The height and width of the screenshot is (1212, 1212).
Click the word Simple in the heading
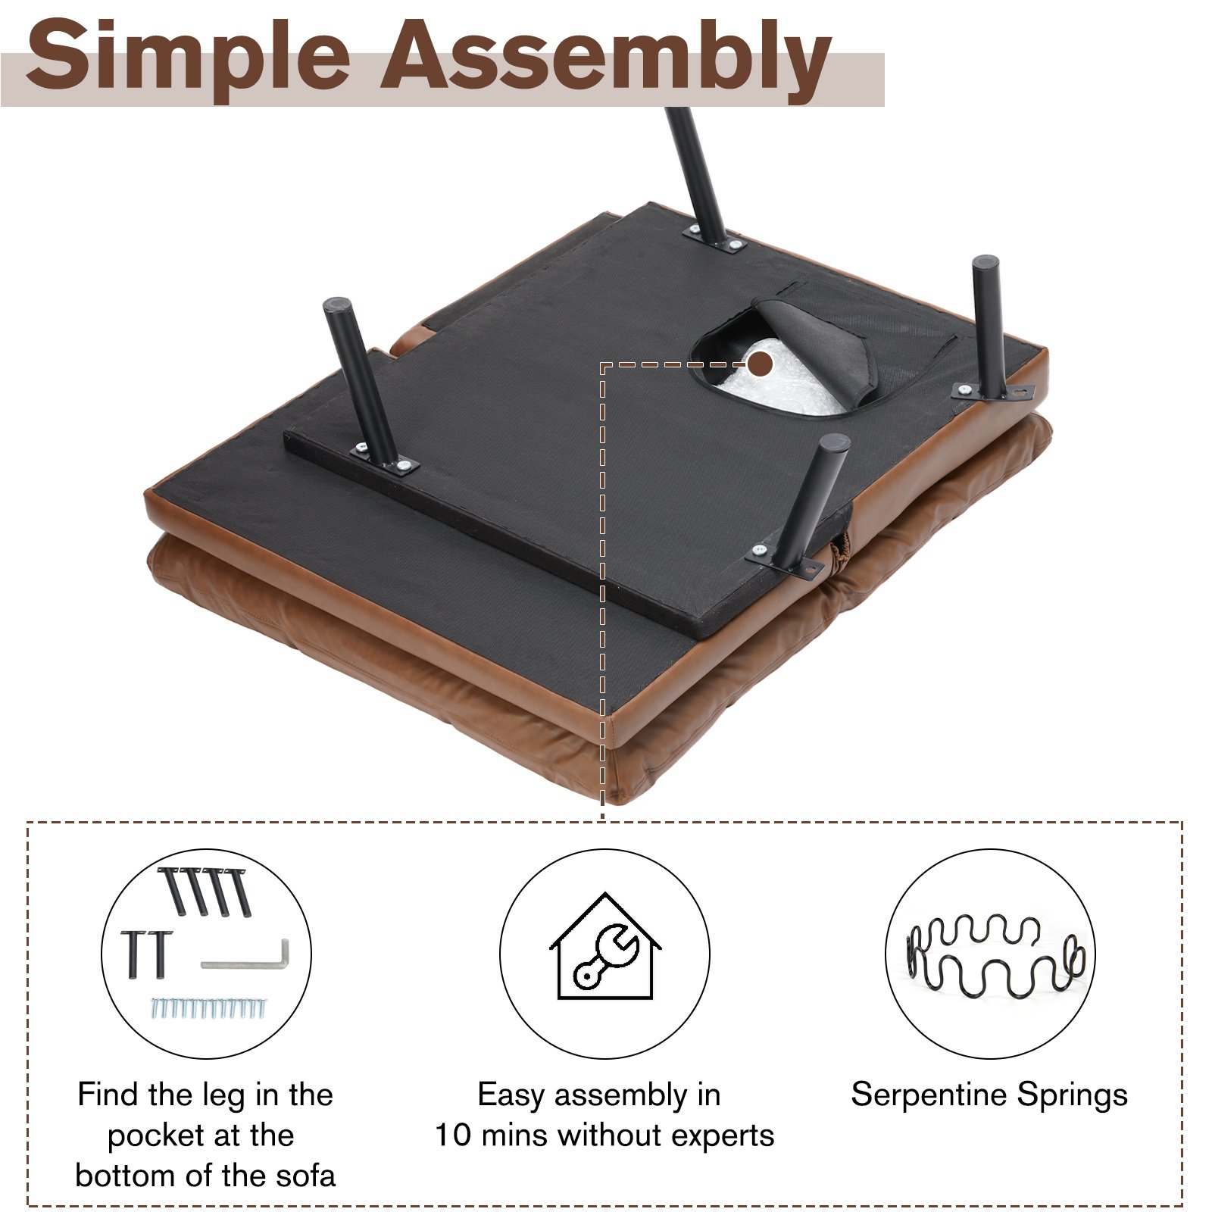click(188, 58)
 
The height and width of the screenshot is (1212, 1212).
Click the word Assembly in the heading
click(605, 58)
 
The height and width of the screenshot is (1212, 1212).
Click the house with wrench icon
click(604, 946)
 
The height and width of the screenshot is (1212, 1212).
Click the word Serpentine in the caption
click(928, 1095)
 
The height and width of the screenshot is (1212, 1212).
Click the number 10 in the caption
click(453, 1135)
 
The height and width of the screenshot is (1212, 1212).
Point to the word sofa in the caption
click(305, 1176)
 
